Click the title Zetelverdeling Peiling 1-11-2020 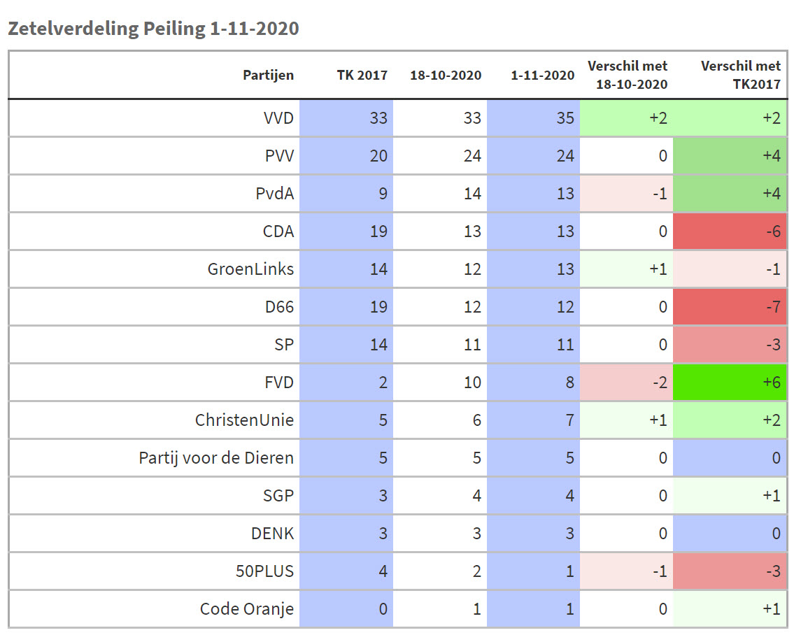(153, 29)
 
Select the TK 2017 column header (362, 76)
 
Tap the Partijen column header (269, 76)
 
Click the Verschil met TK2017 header (740, 75)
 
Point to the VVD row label (278, 118)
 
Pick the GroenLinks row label (250, 269)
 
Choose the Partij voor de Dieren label (216, 458)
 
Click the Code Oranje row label (246, 609)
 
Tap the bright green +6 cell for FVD (730, 383)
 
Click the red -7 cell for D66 (730, 307)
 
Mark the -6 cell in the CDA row (730, 231)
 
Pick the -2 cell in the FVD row (626, 383)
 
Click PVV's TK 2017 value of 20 (378, 156)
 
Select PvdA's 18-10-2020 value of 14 (472, 194)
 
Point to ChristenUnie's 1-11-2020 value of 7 (568, 420)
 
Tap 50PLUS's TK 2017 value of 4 (382, 571)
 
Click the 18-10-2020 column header (446, 76)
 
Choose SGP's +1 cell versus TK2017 (730, 496)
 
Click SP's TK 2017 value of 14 (378, 345)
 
